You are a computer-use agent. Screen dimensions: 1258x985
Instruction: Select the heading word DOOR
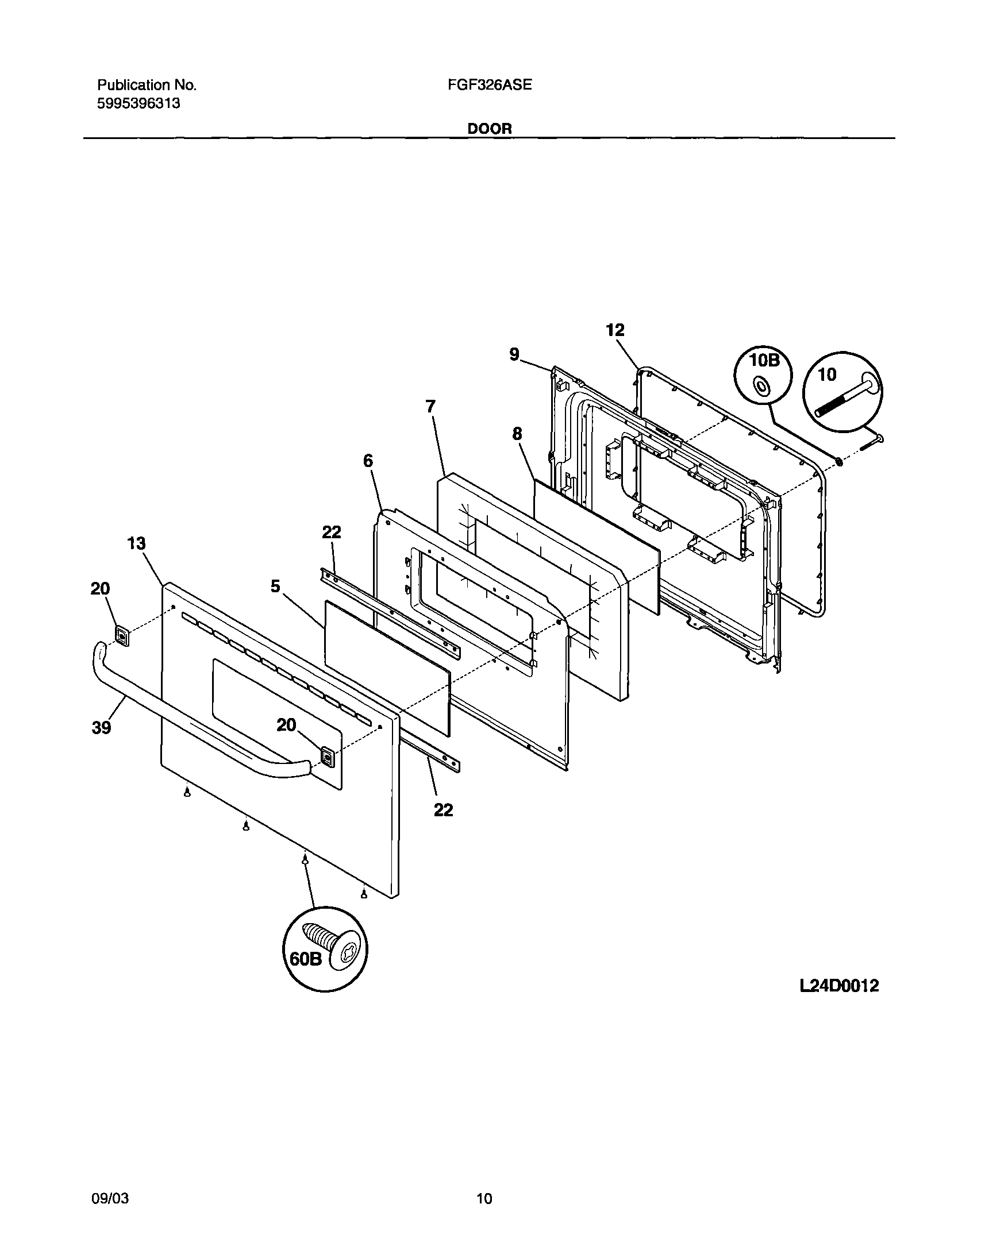tap(489, 129)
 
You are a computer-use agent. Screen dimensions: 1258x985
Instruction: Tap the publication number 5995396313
tap(138, 104)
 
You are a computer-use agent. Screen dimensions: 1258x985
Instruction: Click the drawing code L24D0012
tap(839, 986)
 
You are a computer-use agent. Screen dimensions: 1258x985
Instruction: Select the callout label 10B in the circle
tap(764, 361)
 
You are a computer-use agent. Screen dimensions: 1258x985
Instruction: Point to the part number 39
tap(101, 728)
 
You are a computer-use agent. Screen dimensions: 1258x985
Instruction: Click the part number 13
tap(136, 543)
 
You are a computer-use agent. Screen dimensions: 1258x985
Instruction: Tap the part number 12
tap(615, 330)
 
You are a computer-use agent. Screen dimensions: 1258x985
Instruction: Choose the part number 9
tap(514, 354)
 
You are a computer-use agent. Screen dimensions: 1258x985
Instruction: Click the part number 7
tap(430, 407)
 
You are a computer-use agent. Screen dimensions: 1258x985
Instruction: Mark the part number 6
tap(367, 461)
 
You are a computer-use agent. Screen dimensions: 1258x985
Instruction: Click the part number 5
tap(275, 586)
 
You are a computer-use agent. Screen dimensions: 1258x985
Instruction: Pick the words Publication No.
tap(147, 86)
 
